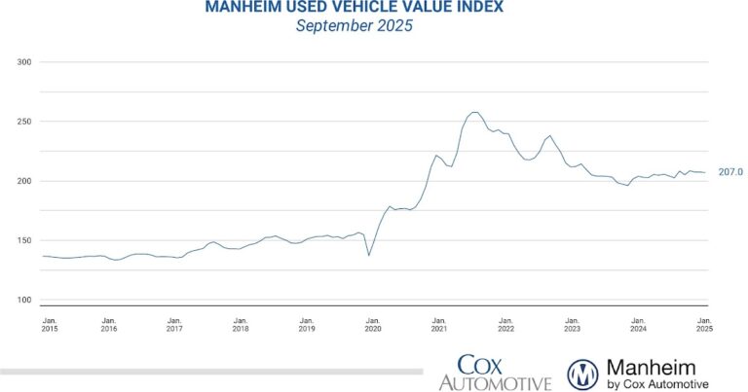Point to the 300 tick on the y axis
(24, 62)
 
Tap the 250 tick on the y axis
(24, 122)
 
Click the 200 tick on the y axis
(24, 181)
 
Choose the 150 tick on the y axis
(24, 240)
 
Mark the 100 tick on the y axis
(24, 300)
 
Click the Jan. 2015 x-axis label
(50, 324)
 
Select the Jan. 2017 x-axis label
(174, 324)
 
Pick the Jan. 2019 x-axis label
(307, 324)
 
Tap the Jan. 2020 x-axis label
(372, 324)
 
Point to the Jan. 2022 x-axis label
(505, 324)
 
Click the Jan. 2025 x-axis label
(703, 324)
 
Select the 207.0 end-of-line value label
(730, 172)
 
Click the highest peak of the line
(474, 112)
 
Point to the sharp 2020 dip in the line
(368, 255)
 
